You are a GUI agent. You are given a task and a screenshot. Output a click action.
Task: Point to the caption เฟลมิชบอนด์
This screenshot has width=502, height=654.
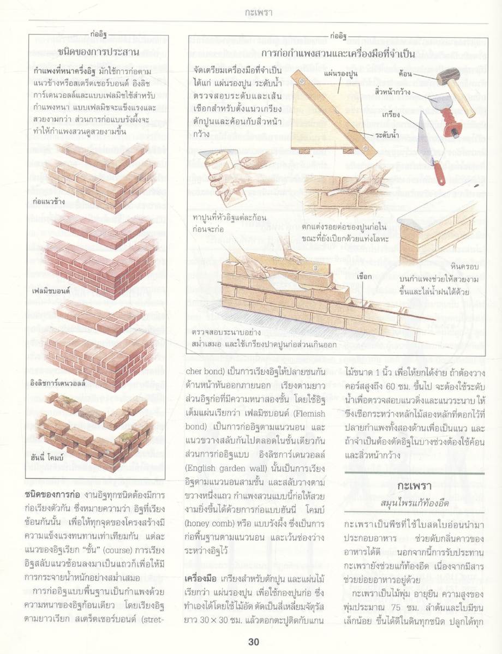pyautogui.click(x=52, y=291)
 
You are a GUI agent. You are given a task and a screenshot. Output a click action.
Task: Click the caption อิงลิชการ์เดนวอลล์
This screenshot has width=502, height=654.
pyautogui.click(x=59, y=383)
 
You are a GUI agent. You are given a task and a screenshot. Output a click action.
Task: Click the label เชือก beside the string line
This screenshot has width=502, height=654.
pyautogui.click(x=365, y=277)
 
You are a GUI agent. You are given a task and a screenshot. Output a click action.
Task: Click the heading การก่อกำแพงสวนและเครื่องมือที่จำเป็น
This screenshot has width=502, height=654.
pyautogui.click(x=338, y=55)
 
